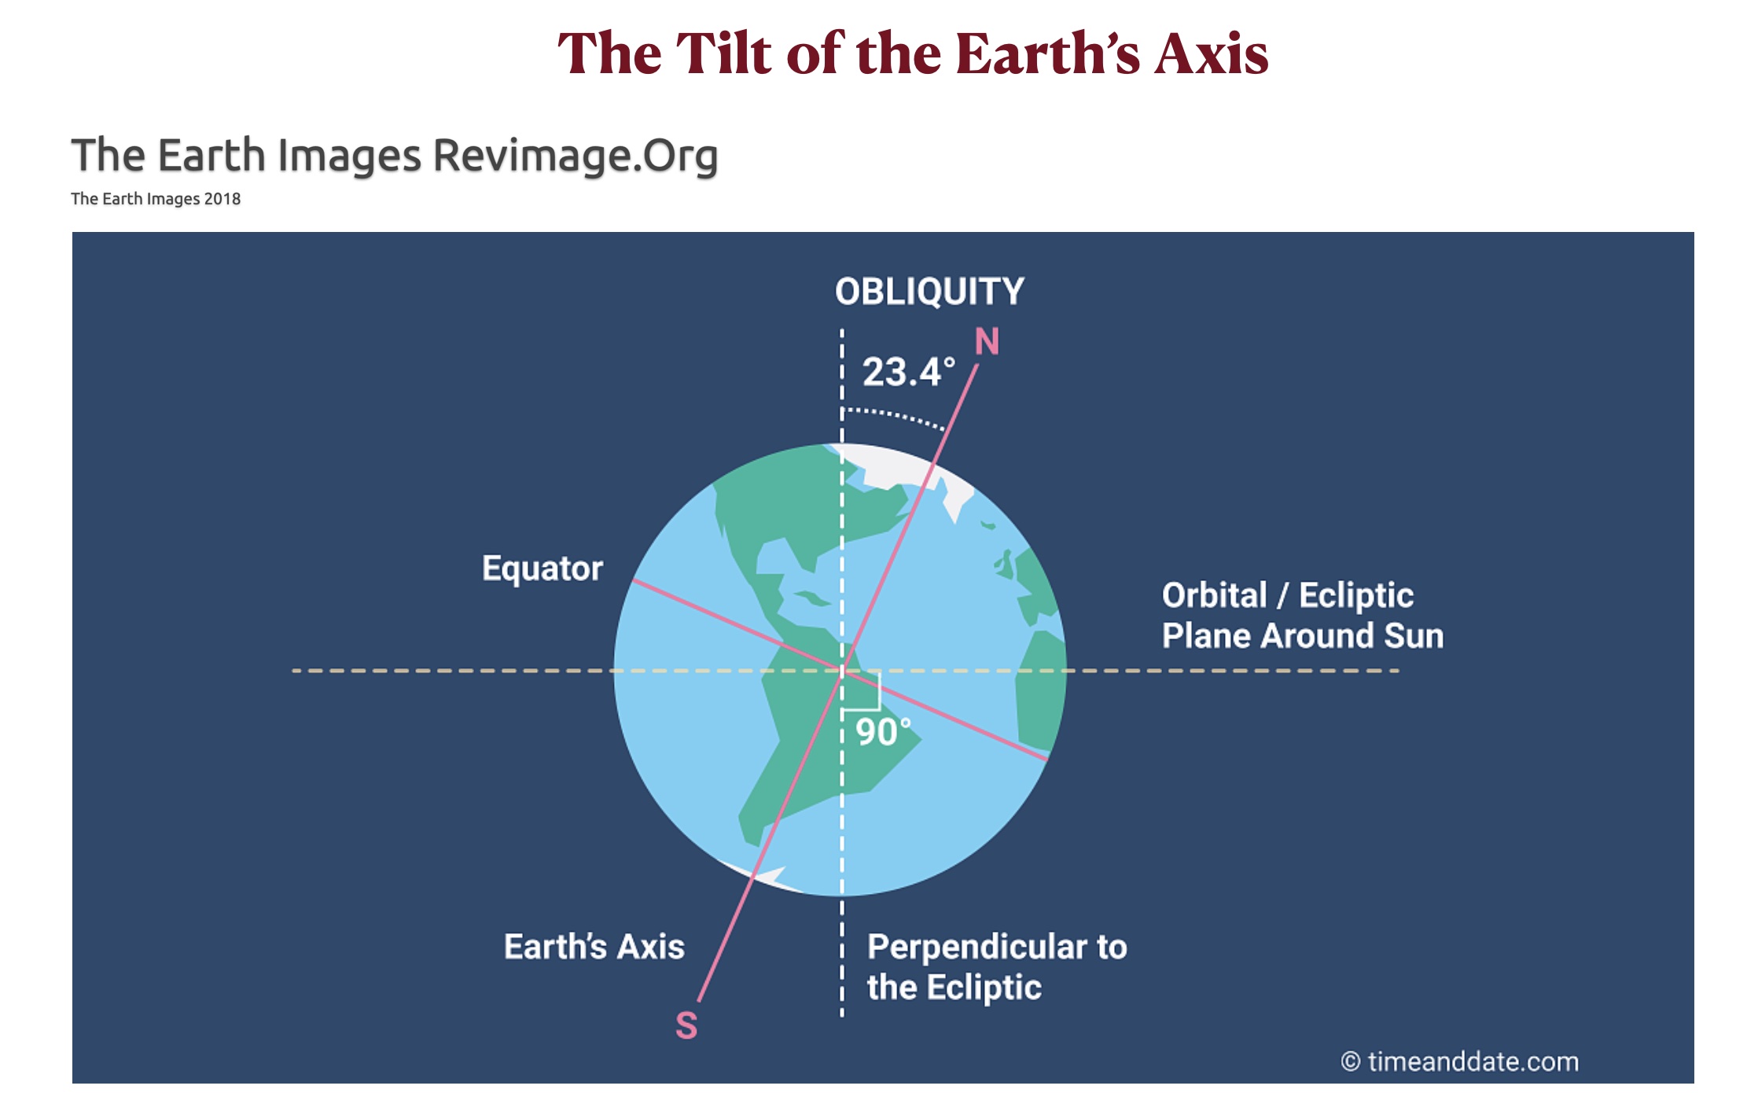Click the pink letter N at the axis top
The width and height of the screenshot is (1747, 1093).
(x=987, y=341)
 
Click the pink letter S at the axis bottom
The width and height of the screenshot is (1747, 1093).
(x=686, y=1025)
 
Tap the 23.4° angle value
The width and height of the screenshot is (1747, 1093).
(x=909, y=372)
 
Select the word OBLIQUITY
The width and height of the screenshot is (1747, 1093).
(x=929, y=292)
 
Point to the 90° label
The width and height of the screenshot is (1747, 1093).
(x=883, y=732)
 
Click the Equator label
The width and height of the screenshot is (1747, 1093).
(x=542, y=569)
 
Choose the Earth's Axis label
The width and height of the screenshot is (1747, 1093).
(x=594, y=947)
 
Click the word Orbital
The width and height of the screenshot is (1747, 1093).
(x=1215, y=595)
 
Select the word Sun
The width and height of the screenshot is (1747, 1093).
(x=1414, y=635)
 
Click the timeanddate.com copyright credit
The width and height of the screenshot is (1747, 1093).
(x=1459, y=1062)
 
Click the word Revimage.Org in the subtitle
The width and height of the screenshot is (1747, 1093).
(x=576, y=155)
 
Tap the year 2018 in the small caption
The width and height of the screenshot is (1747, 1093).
(x=222, y=199)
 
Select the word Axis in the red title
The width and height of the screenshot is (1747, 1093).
(x=1211, y=53)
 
